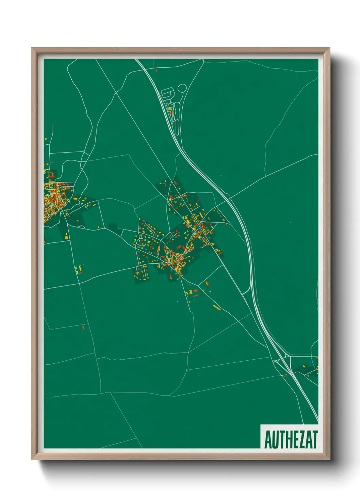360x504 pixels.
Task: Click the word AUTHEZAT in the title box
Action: point(291,440)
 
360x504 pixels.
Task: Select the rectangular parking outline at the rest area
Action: point(167,92)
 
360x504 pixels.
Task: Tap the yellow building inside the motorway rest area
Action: point(169,109)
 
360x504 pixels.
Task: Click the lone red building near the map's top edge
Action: point(156,70)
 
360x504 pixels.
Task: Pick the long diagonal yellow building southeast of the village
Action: point(217,308)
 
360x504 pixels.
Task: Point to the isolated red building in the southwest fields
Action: point(83,328)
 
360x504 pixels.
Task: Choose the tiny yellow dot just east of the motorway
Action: point(221,176)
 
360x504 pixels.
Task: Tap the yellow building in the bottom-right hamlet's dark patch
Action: point(308,376)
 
